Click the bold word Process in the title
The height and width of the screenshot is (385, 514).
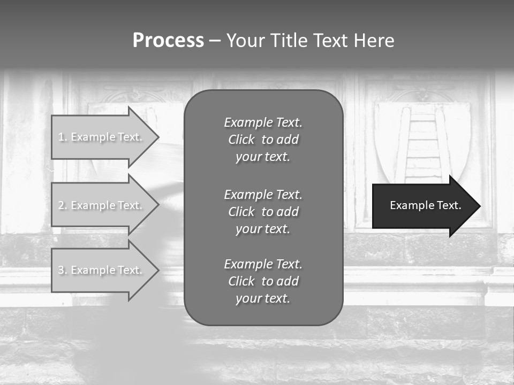[x=168, y=41]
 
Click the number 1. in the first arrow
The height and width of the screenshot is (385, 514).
[x=63, y=137]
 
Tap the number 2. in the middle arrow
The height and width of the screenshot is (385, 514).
[x=63, y=205]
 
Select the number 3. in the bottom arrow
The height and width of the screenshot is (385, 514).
[x=63, y=270]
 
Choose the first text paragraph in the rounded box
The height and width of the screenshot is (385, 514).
[x=263, y=140]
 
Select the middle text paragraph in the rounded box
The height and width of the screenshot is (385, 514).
[x=263, y=212]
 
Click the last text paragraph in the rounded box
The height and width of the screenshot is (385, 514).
[x=263, y=281]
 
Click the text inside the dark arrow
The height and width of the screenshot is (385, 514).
[x=426, y=205]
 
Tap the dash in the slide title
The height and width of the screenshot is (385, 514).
[x=215, y=41]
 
